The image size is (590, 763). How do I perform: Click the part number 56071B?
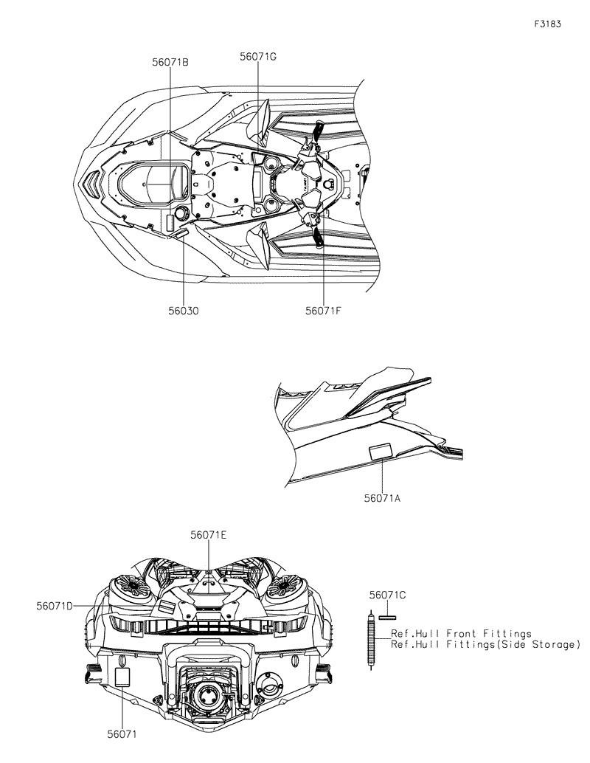(170, 63)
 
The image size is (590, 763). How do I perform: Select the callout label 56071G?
(258, 56)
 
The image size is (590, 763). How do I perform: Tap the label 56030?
(183, 311)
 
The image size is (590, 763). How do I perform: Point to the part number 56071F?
(323, 311)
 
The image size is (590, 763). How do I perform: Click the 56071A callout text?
(382, 499)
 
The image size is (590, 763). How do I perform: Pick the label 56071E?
(209, 535)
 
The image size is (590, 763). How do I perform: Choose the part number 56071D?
(55, 606)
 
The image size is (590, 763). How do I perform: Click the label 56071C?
(388, 594)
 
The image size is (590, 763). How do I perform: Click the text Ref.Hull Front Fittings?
(461, 634)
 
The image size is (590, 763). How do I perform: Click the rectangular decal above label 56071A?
(381, 450)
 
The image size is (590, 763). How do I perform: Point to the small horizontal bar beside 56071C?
(387, 616)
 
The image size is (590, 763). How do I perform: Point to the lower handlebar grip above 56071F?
(319, 237)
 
